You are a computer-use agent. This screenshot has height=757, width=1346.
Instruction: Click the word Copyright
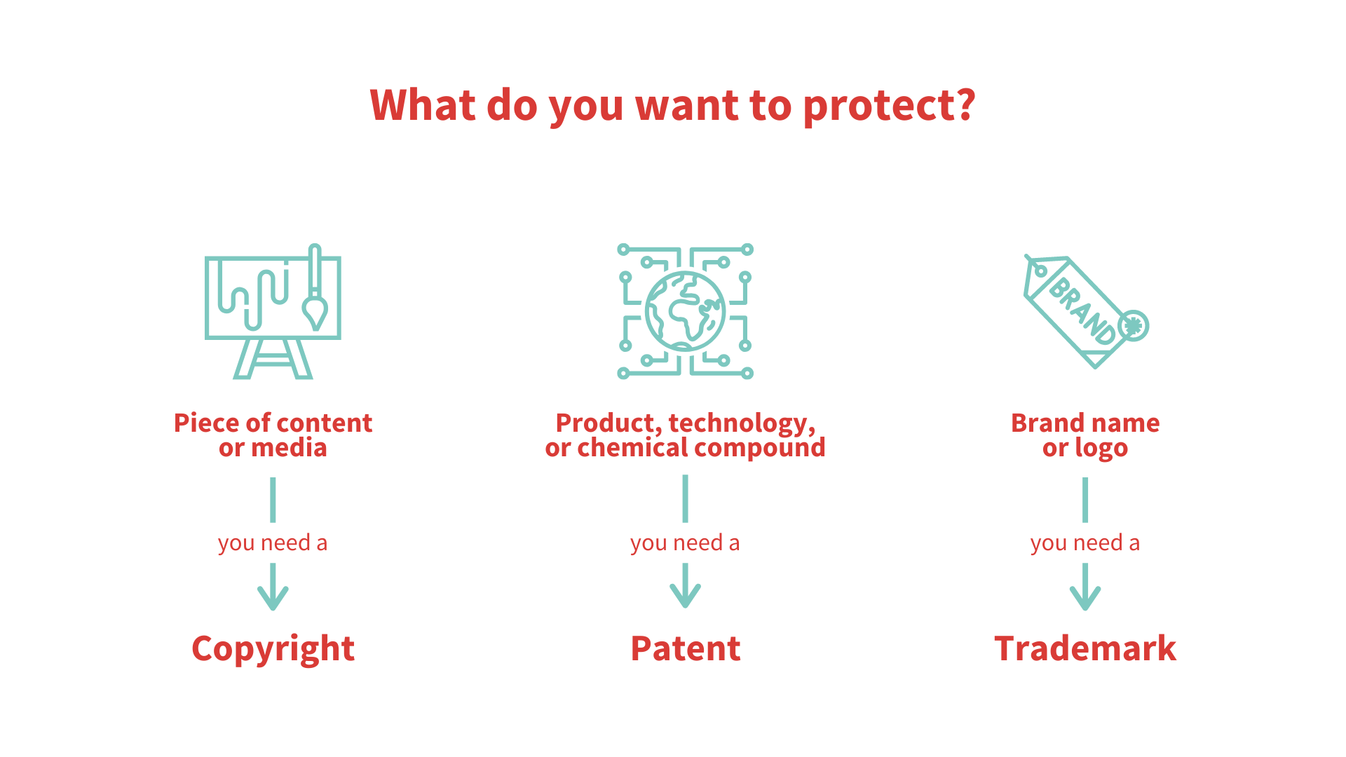click(273, 649)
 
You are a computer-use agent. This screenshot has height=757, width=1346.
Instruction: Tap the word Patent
click(685, 649)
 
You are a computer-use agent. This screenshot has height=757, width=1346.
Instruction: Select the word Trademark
click(1085, 649)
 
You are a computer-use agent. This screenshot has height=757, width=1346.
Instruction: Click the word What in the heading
click(422, 105)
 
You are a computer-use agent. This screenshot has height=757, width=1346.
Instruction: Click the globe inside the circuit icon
click(685, 311)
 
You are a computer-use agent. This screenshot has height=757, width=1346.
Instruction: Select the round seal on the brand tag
click(1133, 326)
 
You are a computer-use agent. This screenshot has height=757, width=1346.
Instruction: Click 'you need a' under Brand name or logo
click(1085, 543)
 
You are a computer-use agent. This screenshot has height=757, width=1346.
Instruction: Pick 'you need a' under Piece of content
click(273, 543)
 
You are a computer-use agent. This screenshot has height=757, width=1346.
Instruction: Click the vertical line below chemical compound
click(685, 498)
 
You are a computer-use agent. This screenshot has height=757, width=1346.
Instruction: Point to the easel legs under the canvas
click(273, 359)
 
